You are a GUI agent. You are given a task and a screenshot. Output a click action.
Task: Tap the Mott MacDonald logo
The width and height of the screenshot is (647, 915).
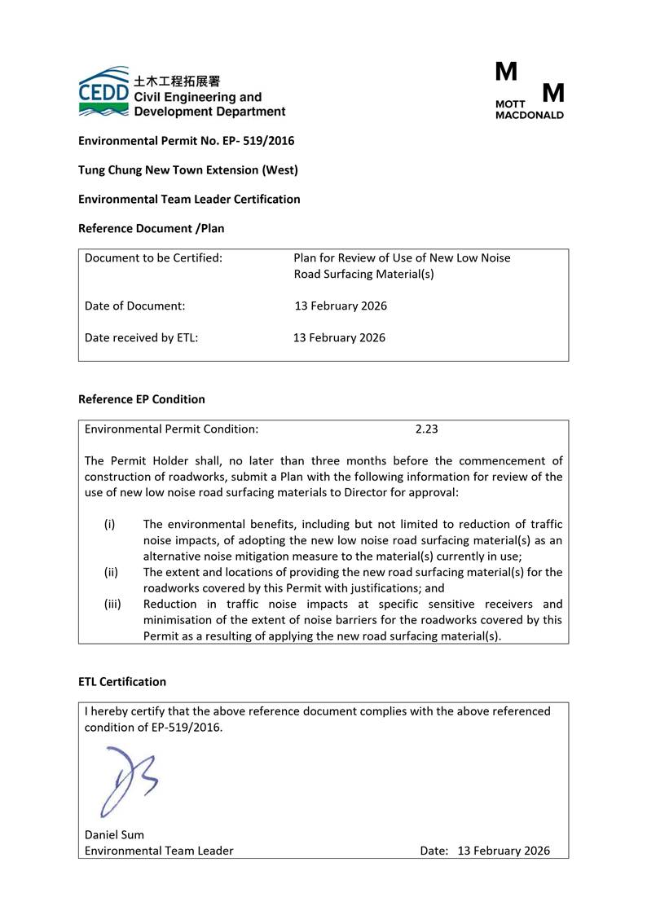click(x=529, y=90)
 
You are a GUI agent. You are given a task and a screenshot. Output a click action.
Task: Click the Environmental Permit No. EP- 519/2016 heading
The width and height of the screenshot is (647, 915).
click(x=186, y=141)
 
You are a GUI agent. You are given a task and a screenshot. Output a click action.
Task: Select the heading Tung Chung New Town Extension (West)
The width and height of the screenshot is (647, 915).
click(x=187, y=170)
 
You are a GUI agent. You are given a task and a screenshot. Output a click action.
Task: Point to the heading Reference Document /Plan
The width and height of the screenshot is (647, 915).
click(x=151, y=229)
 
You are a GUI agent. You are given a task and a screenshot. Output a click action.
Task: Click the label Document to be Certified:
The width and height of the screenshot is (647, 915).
click(x=153, y=258)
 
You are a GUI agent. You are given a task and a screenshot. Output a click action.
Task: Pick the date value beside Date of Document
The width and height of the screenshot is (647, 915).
click(x=341, y=306)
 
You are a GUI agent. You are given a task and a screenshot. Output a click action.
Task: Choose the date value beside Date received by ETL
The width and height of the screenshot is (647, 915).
click(x=340, y=337)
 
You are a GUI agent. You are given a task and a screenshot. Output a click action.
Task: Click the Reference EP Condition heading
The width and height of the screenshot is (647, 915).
click(x=141, y=399)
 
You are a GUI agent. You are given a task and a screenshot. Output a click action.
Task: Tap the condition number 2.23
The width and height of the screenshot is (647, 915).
click(x=427, y=429)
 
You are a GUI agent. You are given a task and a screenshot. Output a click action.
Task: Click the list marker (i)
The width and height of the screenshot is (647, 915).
click(x=109, y=525)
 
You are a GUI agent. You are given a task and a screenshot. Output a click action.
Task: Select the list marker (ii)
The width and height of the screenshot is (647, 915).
click(x=111, y=572)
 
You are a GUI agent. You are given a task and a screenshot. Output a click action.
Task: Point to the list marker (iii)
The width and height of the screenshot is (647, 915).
click(x=112, y=604)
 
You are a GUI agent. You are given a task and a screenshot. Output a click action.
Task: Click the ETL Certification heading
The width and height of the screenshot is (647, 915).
click(x=121, y=682)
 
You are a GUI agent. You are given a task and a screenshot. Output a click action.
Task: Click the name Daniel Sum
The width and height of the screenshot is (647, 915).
click(x=114, y=834)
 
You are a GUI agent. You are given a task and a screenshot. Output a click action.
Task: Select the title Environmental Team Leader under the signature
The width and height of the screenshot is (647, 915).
click(x=159, y=851)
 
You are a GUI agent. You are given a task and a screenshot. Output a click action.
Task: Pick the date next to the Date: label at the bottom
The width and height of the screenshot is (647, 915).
click(x=504, y=851)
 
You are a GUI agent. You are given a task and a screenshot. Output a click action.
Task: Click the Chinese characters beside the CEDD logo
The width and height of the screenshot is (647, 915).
click(x=177, y=81)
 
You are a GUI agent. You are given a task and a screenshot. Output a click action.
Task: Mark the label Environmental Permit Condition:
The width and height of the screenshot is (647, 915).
click(x=171, y=429)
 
